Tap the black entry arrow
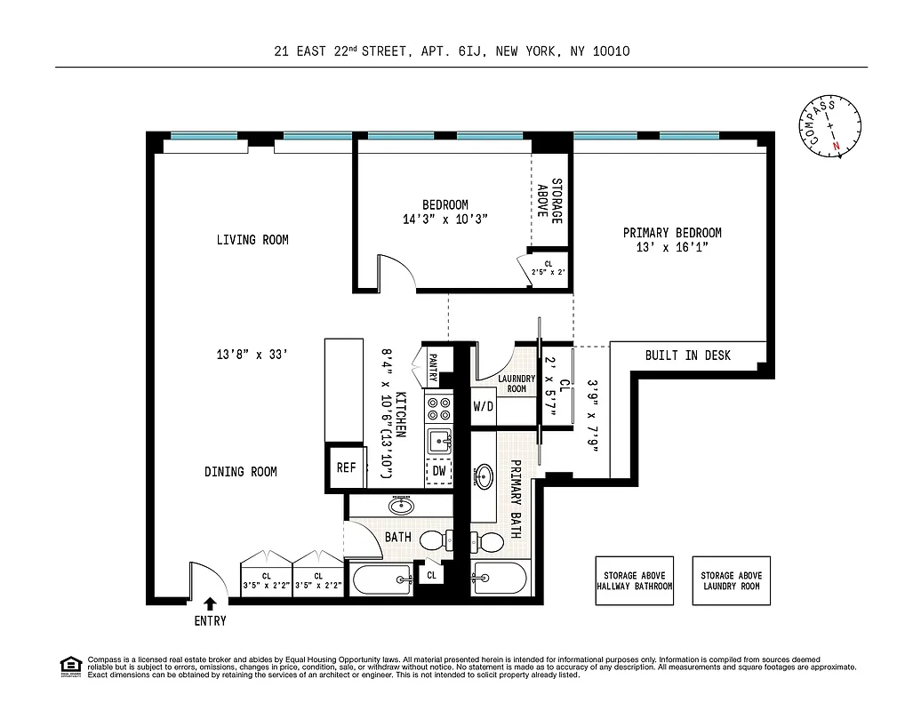pyautogui.click(x=211, y=603)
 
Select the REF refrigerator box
pyautogui.click(x=345, y=467)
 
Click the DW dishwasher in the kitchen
pyautogui.click(x=439, y=471)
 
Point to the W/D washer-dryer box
pyautogui.click(x=483, y=407)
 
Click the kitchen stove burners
pyautogui.click(x=439, y=409)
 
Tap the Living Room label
pyautogui.click(x=252, y=240)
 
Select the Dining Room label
pyautogui.click(x=240, y=471)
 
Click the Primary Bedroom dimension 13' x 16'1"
pyautogui.click(x=671, y=247)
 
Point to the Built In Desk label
pyautogui.click(x=687, y=355)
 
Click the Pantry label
pyautogui.click(x=433, y=367)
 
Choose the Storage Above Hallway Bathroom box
pyautogui.click(x=634, y=581)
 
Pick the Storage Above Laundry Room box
pyautogui.click(x=732, y=581)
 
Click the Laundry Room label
pyautogui.click(x=517, y=383)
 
